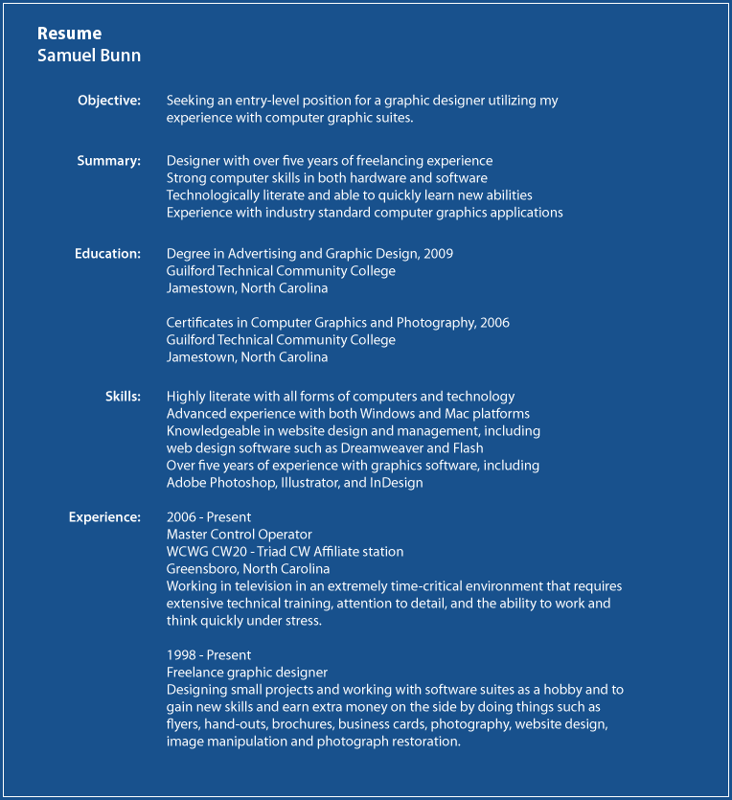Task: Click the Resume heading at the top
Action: pos(69,34)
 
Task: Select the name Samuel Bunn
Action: pos(89,56)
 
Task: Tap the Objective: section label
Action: pos(109,101)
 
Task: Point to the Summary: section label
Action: pos(109,161)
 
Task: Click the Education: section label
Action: pos(108,254)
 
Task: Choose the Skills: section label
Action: pos(123,397)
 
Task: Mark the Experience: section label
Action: pos(104,517)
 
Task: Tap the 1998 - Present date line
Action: pos(209,655)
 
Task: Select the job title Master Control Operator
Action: pos(240,535)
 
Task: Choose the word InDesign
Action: pos(397,483)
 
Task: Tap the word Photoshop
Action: pos(240,483)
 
